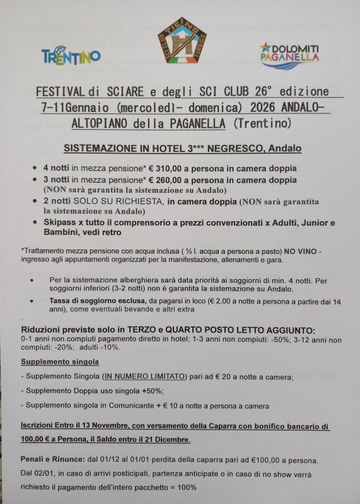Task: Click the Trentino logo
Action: (71, 56)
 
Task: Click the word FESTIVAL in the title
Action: (61, 92)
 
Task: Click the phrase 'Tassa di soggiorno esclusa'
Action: (97, 301)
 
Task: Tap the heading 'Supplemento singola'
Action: (60, 362)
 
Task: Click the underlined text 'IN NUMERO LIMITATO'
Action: (146, 376)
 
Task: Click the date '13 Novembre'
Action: (94, 427)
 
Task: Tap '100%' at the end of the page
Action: (185, 488)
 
